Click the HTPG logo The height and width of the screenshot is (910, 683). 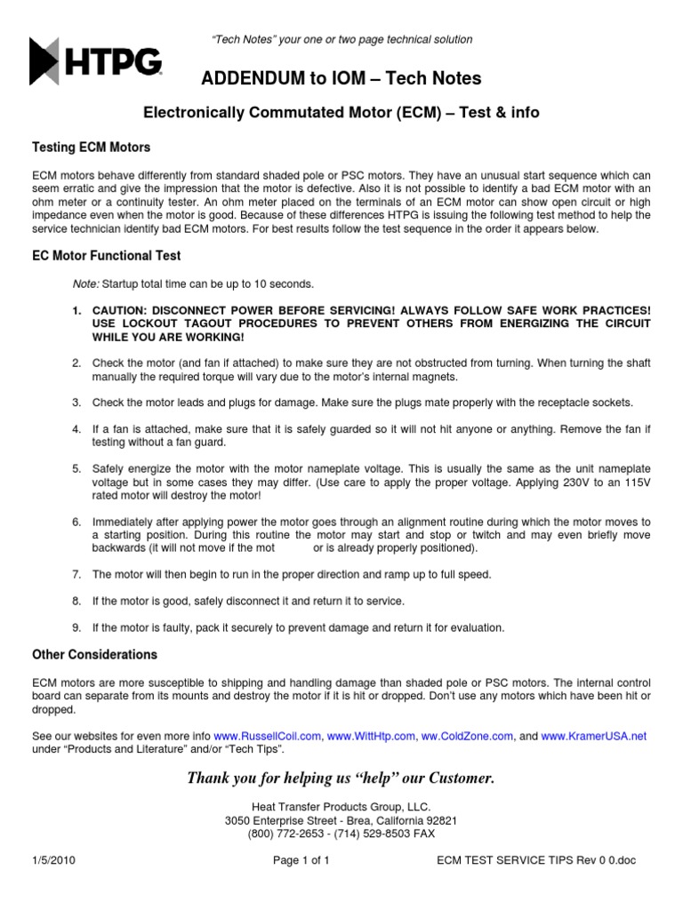pos(96,61)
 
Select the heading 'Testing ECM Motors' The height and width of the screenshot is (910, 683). pos(91,147)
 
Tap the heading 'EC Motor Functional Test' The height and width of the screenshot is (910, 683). pos(106,256)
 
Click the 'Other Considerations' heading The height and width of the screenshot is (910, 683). pos(94,655)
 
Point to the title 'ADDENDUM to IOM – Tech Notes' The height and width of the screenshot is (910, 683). pos(341,79)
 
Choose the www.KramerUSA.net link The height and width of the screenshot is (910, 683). pos(594,737)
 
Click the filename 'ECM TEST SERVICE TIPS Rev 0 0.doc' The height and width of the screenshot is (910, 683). pos(538,861)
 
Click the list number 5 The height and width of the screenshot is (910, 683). pos(76,467)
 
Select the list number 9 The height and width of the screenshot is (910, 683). pos(76,627)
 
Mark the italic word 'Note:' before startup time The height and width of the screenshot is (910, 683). pos(85,283)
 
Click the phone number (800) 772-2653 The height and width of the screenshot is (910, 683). pos(289,834)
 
